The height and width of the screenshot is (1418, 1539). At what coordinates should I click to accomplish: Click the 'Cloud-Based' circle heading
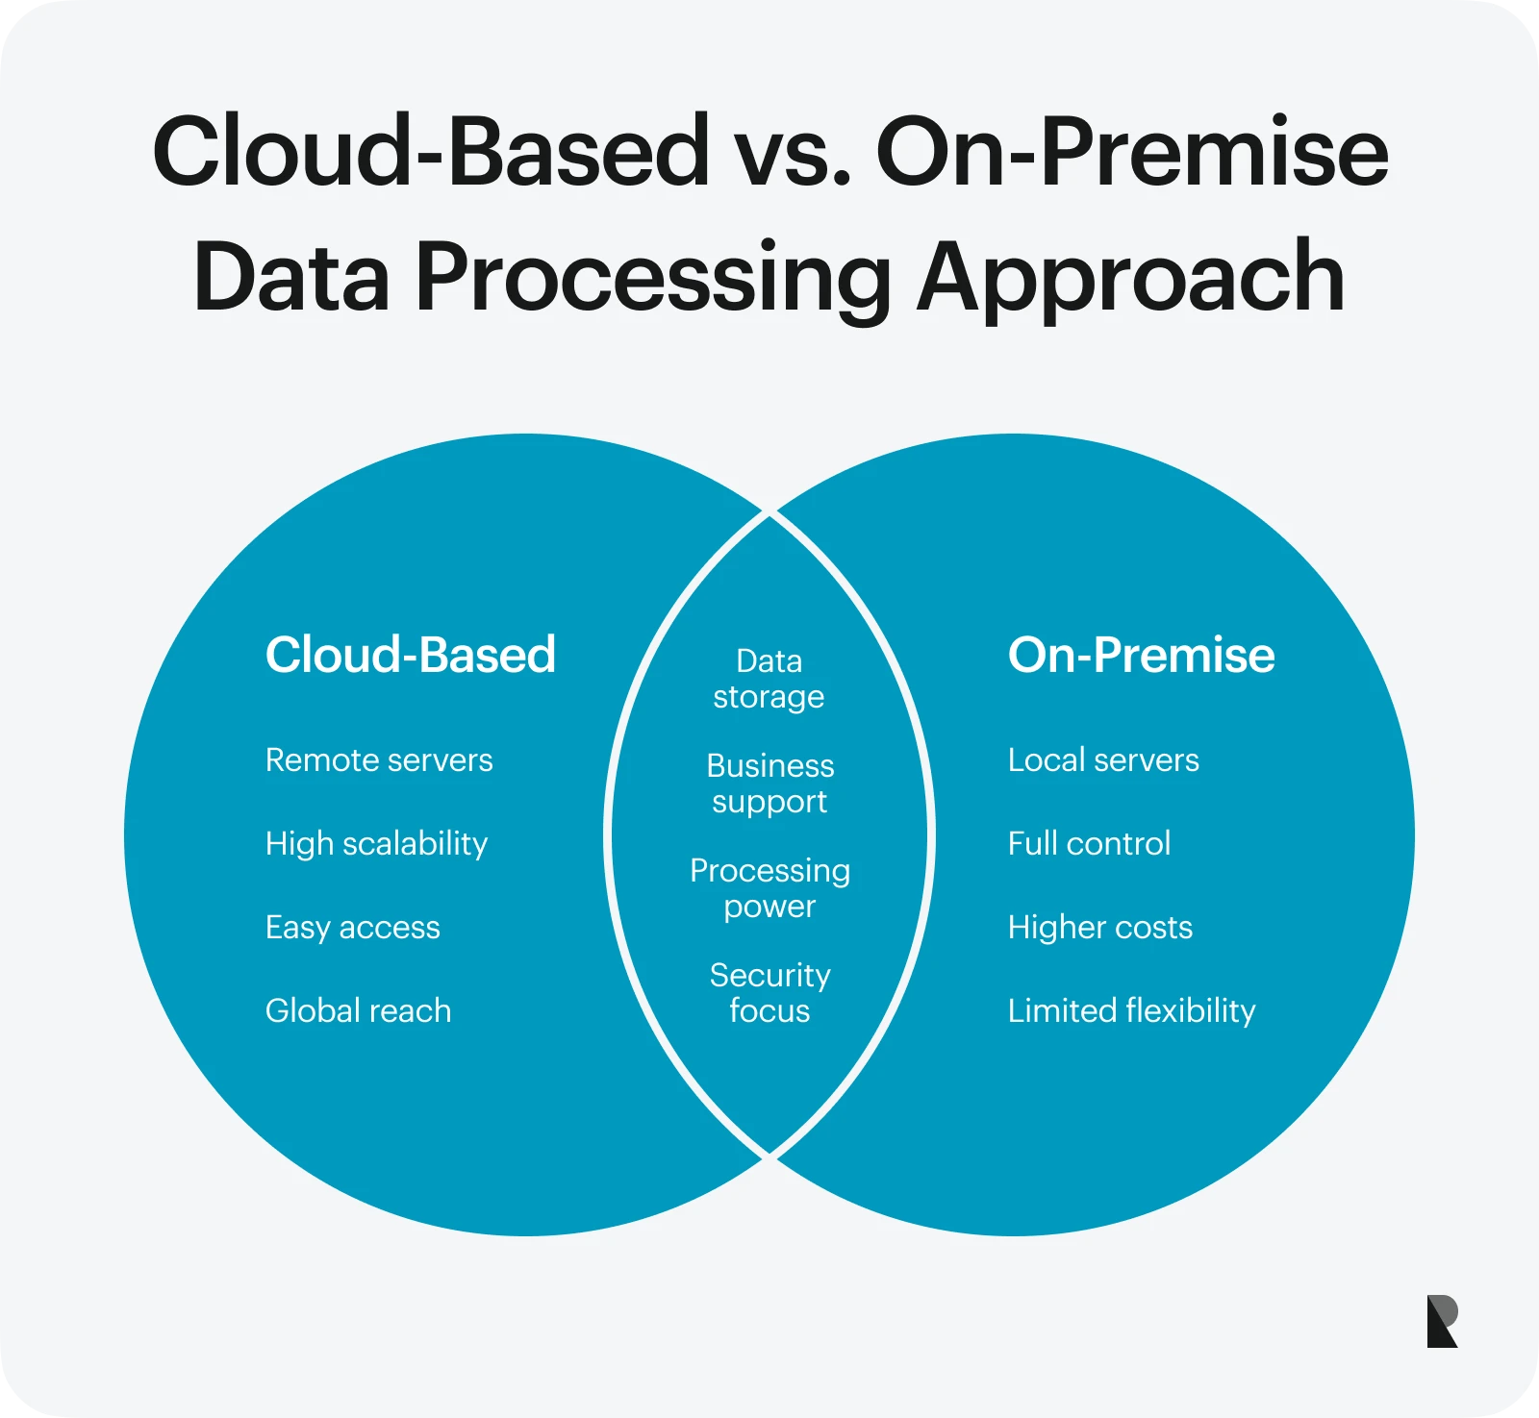point(411,655)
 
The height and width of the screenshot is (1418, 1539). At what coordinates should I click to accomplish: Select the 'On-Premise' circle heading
point(1142,655)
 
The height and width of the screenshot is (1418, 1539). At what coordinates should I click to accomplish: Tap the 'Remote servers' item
point(379,760)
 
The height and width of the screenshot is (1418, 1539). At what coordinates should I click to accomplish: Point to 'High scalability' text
point(377,845)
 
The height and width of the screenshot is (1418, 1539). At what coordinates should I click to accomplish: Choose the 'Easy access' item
point(353,929)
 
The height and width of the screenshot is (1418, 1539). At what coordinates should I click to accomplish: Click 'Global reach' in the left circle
point(359,1011)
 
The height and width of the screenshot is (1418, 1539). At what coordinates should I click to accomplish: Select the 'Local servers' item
point(1103,760)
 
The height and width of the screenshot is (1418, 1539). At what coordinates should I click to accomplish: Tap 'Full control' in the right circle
point(1090,844)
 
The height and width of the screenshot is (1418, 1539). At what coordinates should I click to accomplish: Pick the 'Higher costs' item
point(1100,929)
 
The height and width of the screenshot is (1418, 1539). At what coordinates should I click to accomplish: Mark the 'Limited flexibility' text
point(1132,1011)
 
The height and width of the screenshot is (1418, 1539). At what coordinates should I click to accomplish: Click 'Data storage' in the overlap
point(769,679)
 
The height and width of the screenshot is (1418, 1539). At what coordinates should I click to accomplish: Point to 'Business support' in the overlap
point(770,784)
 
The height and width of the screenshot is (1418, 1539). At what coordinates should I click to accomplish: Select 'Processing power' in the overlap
point(770,888)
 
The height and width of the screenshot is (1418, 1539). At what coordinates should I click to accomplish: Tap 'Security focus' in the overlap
point(770,993)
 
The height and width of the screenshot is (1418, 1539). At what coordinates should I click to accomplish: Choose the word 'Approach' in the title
point(1131,279)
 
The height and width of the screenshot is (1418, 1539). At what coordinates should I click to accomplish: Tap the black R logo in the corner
point(1443,1321)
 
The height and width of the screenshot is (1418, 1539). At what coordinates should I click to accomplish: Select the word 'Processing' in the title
point(654,279)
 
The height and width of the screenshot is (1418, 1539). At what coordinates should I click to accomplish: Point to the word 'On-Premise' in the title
point(1132,151)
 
